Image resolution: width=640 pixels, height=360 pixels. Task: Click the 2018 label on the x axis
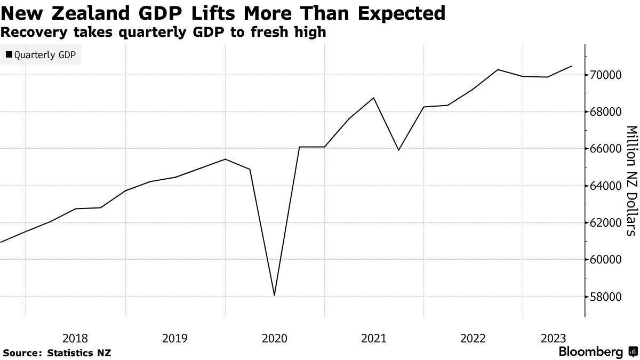coord(75,338)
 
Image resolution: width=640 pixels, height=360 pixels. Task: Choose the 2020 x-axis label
coord(274,338)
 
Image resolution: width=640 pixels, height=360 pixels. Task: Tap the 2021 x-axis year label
coord(373,338)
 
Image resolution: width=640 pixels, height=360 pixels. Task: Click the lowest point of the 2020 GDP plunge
coord(274,295)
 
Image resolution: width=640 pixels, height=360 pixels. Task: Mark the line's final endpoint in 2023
coord(572,66)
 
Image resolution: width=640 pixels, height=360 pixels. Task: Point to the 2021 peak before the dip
coord(373,98)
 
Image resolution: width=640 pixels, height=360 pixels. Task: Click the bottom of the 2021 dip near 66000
coord(398,150)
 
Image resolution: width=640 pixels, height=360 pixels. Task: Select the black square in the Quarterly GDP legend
coord(9,54)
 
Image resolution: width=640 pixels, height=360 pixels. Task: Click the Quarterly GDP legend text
coord(45,54)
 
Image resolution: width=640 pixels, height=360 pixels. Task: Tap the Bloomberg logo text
coord(590,352)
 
